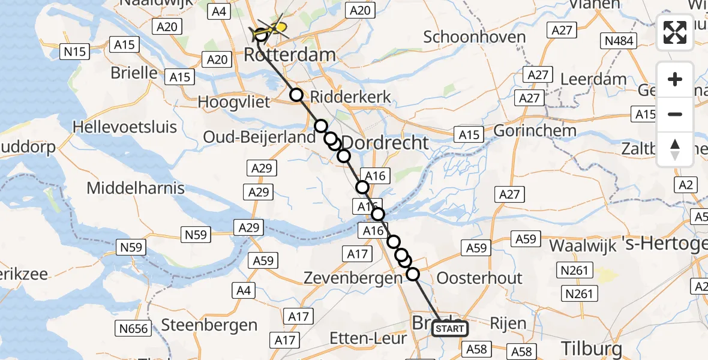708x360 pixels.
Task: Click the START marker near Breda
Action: [449, 328]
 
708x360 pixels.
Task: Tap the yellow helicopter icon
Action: [273, 28]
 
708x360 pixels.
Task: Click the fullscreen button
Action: [675, 32]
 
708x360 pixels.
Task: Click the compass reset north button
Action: [675, 149]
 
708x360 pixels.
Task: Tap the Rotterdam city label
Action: [289, 55]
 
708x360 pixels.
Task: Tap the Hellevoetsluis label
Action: [124, 127]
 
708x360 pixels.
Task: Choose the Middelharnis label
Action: [136, 188]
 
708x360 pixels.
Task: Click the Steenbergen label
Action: [209, 325]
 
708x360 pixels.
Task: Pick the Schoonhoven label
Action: [474, 37]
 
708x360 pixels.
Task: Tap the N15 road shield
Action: [75, 52]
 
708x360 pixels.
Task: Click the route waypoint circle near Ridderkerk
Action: [296, 95]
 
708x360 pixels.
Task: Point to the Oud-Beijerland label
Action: [259, 137]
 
